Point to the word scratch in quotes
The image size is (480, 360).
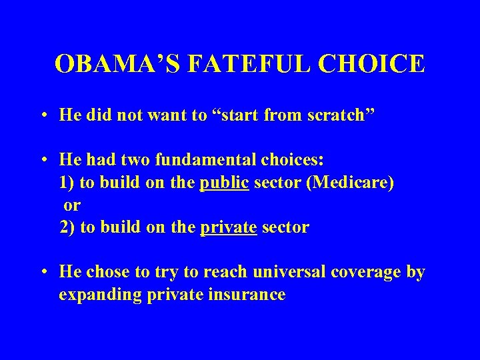tap(339, 115)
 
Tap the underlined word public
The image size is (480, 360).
tap(224, 183)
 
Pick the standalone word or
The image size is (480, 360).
tap(71, 205)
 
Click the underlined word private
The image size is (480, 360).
tap(229, 227)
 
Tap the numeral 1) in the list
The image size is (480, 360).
tap(67, 183)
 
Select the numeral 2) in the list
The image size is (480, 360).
tap(67, 227)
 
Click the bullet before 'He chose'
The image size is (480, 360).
tap(43, 273)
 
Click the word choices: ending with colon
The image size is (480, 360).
tap(291, 161)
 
